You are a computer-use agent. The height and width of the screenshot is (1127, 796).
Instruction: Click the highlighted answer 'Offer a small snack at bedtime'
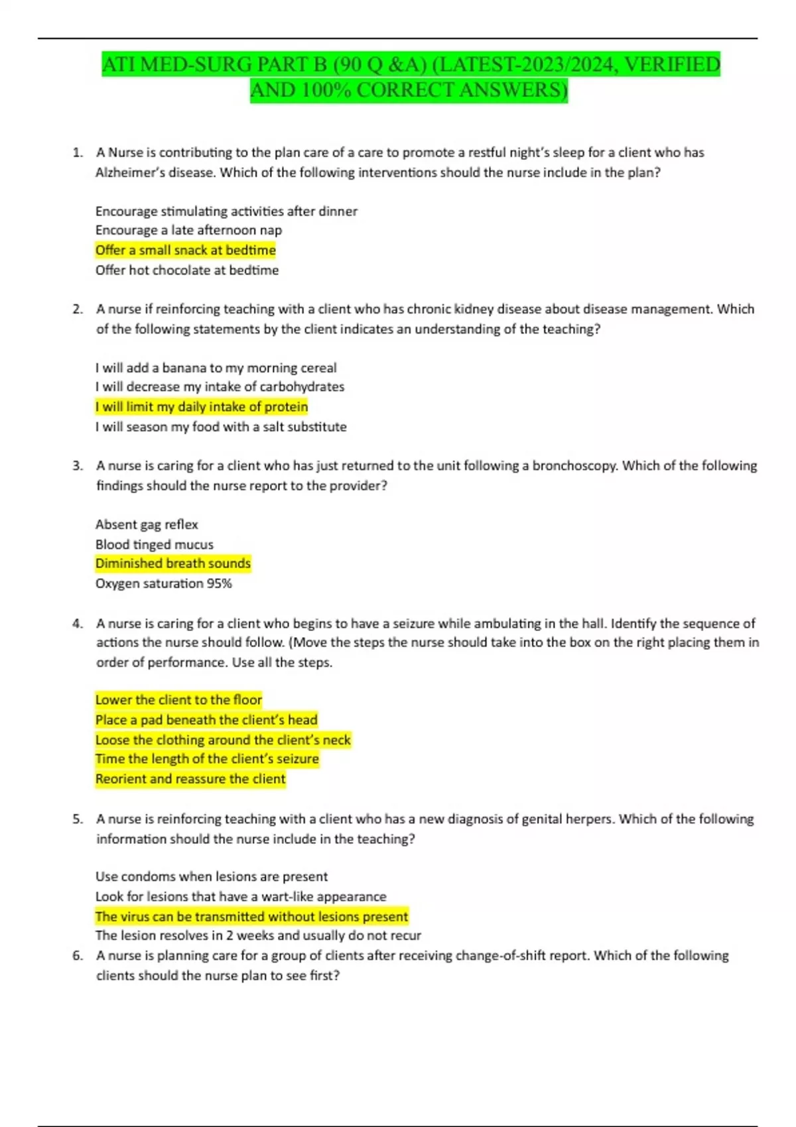tap(185, 250)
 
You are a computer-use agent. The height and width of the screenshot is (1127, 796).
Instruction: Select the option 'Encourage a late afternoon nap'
tap(188, 230)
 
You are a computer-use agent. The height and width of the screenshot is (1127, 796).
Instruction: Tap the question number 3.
tap(78, 465)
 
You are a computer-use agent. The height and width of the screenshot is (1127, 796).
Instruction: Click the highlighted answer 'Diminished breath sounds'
tap(172, 563)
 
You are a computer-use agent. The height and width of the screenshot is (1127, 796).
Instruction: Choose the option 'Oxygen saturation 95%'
tap(163, 583)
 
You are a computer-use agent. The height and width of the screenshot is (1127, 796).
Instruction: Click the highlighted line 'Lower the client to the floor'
tap(178, 699)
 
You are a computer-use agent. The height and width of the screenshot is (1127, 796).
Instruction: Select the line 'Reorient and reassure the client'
tap(190, 779)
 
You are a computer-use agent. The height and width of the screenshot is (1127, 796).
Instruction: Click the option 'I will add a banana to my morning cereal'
tap(216, 367)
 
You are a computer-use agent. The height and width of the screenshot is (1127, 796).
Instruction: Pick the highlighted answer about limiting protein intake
tap(201, 406)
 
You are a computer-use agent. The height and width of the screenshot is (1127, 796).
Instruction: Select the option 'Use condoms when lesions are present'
tap(211, 876)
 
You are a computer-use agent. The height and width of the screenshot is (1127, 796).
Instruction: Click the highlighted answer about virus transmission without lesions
tap(251, 916)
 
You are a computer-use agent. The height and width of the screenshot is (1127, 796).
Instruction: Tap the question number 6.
tap(78, 955)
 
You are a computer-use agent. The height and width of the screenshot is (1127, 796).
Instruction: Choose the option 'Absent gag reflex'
tap(147, 524)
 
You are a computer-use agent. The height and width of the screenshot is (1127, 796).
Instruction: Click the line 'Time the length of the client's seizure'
tap(207, 758)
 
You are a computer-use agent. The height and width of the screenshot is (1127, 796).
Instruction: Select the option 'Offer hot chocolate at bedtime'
tap(186, 270)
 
